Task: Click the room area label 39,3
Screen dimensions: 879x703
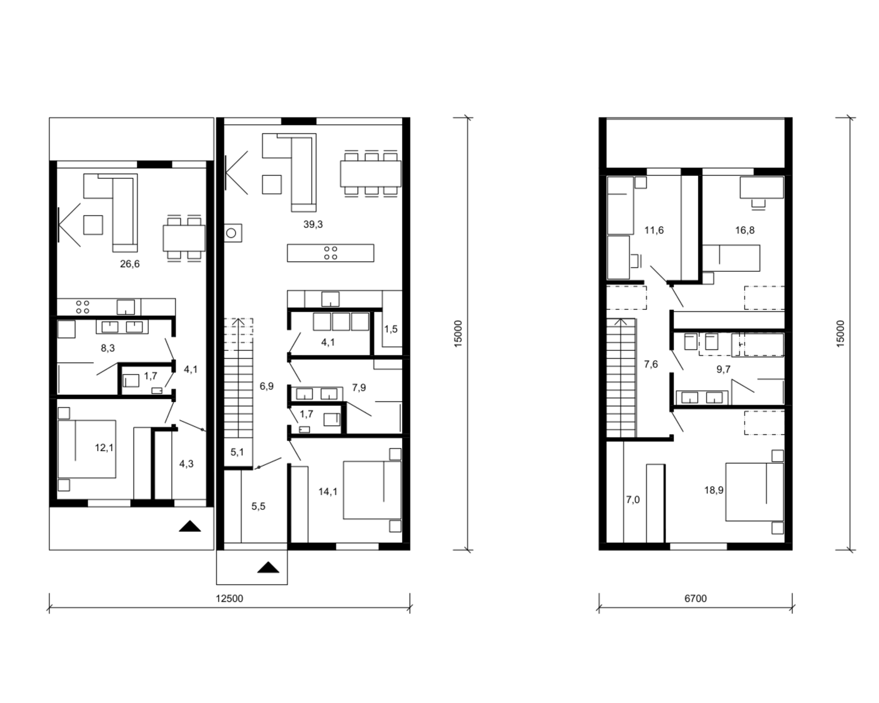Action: [313, 224]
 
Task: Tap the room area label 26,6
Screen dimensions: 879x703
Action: [130, 264]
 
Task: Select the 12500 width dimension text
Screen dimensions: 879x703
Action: [229, 598]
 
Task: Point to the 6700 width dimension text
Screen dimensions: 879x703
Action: [695, 598]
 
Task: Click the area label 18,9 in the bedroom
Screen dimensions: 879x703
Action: [714, 490]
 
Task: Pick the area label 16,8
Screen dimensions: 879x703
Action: [745, 230]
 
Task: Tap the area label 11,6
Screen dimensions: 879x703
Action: [654, 230]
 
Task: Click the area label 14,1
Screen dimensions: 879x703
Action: [328, 492]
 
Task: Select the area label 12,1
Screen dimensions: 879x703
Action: [104, 448]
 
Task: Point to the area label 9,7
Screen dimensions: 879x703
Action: [723, 369]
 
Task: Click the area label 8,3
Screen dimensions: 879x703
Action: [108, 348]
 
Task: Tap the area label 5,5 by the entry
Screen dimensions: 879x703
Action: [258, 507]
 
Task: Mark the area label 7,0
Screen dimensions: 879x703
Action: [633, 500]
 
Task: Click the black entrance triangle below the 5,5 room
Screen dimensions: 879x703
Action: [268, 567]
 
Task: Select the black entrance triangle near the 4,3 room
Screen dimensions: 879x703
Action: [190, 526]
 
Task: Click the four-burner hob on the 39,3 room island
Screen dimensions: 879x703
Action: [331, 253]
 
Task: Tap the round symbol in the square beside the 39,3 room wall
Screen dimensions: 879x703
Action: [231, 233]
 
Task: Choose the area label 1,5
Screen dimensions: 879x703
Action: [390, 329]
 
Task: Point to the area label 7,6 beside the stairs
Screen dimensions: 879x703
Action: [650, 364]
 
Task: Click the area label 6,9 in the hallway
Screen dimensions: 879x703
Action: [267, 386]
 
